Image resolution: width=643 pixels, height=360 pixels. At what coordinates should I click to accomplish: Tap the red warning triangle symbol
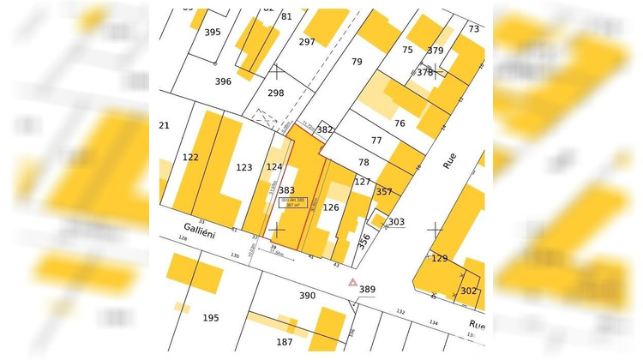pos(352,282)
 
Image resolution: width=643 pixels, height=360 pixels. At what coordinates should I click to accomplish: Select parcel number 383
pos(286,190)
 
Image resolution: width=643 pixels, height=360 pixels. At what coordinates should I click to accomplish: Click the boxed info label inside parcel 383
pos(293,203)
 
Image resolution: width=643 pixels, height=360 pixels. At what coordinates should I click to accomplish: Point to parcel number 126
pos(331,207)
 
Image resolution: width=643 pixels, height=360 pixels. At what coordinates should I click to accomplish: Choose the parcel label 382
pos(324,129)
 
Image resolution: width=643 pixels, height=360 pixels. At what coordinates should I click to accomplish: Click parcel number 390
pos(307,296)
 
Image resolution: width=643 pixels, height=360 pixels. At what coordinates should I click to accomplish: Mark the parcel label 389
pos(367,290)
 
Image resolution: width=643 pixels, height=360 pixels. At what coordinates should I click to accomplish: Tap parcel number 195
pos(211,318)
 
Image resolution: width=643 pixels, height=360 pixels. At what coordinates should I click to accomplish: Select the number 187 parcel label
pos(284,342)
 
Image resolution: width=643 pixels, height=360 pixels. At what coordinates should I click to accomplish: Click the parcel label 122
pos(190,157)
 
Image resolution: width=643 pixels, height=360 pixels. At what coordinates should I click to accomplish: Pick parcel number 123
pos(244,167)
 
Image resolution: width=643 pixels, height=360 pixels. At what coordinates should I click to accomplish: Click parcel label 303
pos(395,222)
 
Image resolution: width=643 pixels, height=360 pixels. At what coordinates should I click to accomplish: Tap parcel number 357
pos(384,191)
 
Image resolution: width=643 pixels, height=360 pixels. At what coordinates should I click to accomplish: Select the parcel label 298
pos(275,93)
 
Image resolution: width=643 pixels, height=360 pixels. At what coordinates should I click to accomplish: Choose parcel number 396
pos(223,81)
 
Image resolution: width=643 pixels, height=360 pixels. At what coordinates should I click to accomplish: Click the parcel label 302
pos(468,291)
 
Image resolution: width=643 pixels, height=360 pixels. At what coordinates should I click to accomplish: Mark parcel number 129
pos(440,258)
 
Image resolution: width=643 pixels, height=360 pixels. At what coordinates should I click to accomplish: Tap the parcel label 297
pos(307,41)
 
